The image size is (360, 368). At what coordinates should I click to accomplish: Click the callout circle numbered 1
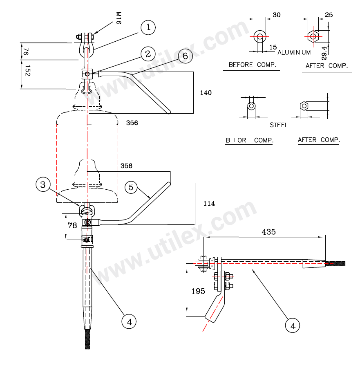[x=148, y=28]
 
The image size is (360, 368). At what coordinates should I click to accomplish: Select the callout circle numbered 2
[x=148, y=54]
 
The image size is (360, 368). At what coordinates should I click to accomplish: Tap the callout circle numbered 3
[x=43, y=185]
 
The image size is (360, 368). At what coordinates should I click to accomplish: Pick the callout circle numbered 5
[x=131, y=187]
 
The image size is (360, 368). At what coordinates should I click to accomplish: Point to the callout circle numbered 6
[x=185, y=56]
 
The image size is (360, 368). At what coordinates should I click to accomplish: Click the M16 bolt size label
[x=118, y=18]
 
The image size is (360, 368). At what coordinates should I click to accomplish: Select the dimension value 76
[x=26, y=52]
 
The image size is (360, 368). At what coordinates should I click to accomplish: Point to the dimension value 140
[x=206, y=93]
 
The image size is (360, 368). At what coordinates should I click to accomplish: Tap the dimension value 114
[x=209, y=203]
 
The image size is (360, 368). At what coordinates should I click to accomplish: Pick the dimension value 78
[x=72, y=225]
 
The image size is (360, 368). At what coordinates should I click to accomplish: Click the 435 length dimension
[x=268, y=232]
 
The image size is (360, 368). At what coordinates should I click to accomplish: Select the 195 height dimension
[x=199, y=291]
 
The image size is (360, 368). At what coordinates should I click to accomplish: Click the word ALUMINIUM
[x=294, y=52]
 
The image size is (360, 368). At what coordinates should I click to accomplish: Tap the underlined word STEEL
[x=279, y=125]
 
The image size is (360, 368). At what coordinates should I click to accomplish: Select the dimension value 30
[x=277, y=15]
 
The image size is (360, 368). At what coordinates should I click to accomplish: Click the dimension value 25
[x=329, y=15]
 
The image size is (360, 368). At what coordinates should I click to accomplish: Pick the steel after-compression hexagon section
[x=304, y=106]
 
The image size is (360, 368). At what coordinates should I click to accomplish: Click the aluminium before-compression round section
[x=259, y=36]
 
